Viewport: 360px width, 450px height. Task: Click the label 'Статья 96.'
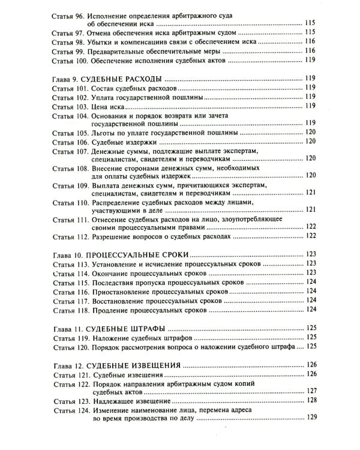point(68,14)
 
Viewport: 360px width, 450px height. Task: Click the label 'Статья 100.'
point(70,61)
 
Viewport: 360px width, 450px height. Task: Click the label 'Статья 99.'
point(68,52)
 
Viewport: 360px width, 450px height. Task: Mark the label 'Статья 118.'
point(70,310)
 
